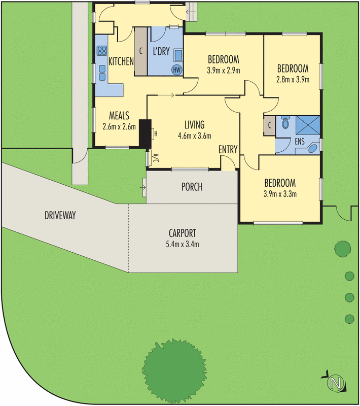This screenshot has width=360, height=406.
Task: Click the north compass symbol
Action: pos(334,382)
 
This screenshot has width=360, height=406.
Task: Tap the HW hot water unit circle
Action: pos(176,70)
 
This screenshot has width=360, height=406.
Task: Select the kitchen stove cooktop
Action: pos(101,51)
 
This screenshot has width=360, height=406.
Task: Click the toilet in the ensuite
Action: pos(285,123)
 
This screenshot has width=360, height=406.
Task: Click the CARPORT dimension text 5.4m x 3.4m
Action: pos(183,244)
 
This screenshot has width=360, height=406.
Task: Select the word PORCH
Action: pos(192,187)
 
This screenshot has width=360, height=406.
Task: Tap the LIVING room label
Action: pos(194,125)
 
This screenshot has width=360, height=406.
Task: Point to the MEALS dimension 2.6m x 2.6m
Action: pos(119,127)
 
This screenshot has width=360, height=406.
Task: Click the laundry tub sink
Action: pos(179,54)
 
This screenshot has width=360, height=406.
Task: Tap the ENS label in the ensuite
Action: pos(300,143)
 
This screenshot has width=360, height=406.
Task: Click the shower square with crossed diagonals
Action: pos(308,124)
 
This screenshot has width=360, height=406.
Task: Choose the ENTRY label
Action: pos(228,149)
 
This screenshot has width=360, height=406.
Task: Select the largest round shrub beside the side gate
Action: pos(342,249)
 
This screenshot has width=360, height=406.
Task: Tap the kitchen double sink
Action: pos(102,73)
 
